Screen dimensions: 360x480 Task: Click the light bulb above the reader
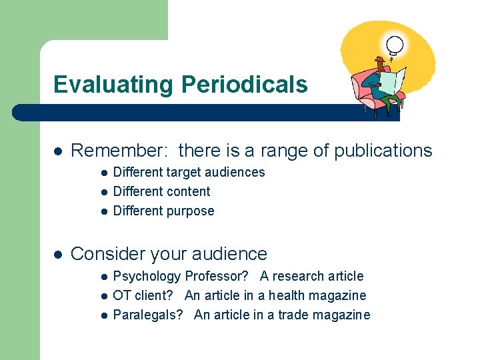[x=395, y=45]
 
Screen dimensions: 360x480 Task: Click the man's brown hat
[x=380, y=60]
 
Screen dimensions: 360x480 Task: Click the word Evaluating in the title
[x=113, y=85]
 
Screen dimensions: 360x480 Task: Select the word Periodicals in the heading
[x=244, y=85]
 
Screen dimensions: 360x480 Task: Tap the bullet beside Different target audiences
[x=104, y=173]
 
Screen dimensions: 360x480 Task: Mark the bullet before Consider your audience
[x=58, y=254]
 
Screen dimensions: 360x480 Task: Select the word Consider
[x=107, y=254]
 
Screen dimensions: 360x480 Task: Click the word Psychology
[x=147, y=277]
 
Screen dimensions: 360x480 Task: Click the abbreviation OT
[x=121, y=295]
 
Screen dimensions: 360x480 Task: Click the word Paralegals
[x=147, y=315]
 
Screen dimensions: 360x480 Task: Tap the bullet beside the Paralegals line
[x=104, y=315]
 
